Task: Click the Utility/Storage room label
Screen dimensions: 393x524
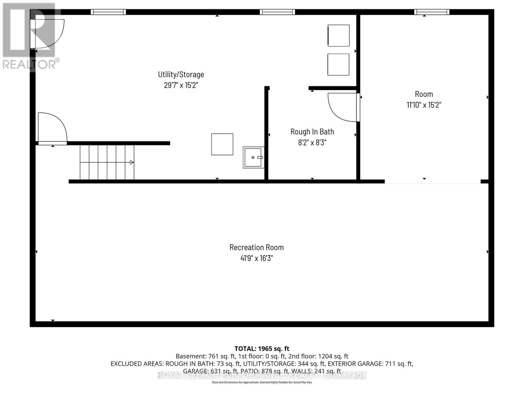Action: click(181, 74)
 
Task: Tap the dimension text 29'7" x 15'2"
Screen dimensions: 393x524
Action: click(181, 85)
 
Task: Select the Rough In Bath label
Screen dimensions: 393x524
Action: click(312, 132)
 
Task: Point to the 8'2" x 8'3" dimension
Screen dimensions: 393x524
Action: click(312, 142)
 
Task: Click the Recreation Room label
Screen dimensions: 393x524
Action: click(256, 247)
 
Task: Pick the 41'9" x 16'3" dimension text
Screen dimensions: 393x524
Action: click(256, 258)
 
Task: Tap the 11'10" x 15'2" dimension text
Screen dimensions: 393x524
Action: click(424, 105)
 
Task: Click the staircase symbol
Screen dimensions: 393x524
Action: click(107, 162)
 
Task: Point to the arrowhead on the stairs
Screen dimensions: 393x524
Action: click(132, 162)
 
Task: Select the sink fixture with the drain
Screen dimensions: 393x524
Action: click(253, 158)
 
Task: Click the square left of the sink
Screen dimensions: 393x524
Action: click(222, 144)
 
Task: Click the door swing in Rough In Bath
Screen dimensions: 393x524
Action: click(342, 107)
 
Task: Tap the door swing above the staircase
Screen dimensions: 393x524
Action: click(52, 128)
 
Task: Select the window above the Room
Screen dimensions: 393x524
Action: click(431, 12)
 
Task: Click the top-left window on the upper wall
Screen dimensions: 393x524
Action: click(108, 12)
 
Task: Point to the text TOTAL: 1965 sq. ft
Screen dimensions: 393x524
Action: click(262, 349)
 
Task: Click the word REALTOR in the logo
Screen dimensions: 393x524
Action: click(29, 65)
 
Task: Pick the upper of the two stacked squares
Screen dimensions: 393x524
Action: click(338, 35)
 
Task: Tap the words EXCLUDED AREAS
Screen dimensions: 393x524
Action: click(137, 364)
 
